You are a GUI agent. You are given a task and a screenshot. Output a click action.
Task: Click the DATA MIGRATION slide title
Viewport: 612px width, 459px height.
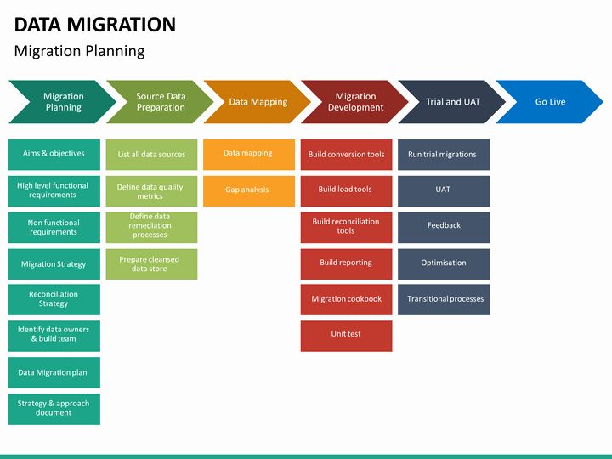point(95,25)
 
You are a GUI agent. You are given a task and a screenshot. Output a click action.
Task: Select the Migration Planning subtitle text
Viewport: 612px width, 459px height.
point(79,51)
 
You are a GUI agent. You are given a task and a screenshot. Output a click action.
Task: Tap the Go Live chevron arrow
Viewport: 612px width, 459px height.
point(550,102)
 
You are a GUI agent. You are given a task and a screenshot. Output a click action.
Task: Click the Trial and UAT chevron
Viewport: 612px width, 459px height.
point(452,102)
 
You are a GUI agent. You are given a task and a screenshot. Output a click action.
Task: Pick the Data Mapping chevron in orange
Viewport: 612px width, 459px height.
point(258,102)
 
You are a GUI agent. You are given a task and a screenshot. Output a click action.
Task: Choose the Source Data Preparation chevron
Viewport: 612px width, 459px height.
point(160,102)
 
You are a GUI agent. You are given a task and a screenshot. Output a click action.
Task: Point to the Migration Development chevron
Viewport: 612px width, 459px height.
point(355,102)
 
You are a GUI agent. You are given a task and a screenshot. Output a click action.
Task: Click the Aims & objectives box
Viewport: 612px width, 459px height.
point(54,155)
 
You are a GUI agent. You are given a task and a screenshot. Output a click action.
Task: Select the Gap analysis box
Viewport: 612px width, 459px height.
point(248,190)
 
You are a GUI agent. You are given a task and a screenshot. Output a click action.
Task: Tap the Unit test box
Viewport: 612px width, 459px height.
point(346,335)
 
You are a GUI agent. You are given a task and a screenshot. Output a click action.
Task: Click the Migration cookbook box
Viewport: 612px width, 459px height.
point(346,299)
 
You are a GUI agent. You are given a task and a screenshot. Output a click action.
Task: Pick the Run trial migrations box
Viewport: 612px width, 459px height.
point(443,155)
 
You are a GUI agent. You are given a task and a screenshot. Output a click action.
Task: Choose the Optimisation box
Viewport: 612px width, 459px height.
point(443,263)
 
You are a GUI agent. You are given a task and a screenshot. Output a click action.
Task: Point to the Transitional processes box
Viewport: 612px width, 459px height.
point(443,299)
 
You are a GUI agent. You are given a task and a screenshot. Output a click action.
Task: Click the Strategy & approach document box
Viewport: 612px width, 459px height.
point(54,408)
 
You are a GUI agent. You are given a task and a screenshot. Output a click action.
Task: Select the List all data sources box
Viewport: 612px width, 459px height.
point(151,155)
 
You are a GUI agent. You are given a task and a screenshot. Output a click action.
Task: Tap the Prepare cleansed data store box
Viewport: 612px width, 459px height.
point(151,263)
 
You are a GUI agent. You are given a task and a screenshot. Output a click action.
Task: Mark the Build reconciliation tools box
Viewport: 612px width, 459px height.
point(346,227)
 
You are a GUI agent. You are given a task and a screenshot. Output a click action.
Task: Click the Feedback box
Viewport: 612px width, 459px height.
point(443,226)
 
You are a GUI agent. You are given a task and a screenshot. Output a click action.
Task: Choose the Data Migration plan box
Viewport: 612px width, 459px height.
point(54,372)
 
